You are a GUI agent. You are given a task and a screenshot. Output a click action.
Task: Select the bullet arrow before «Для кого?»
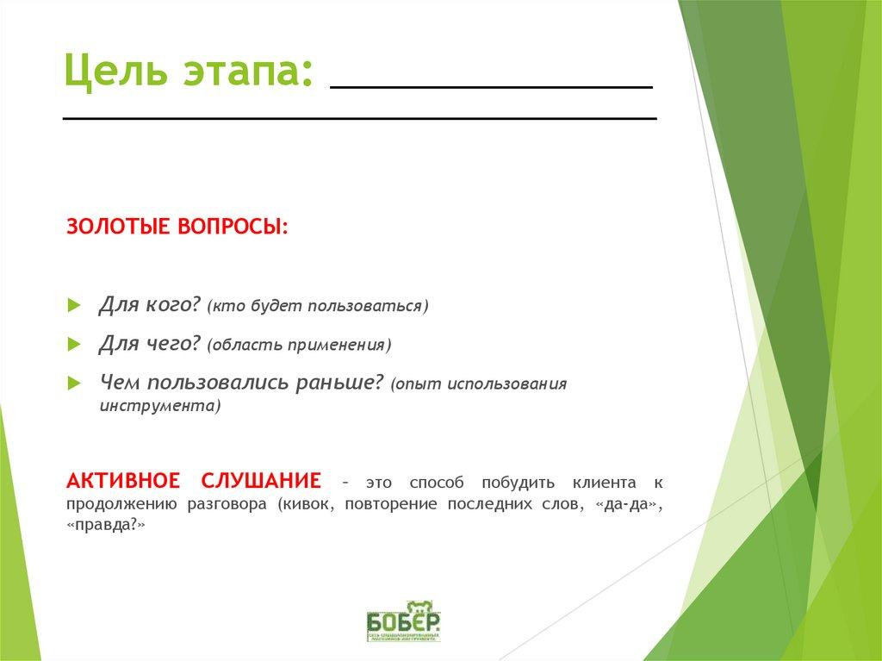click(74, 306)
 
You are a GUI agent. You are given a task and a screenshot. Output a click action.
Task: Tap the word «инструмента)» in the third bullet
click(159, 405)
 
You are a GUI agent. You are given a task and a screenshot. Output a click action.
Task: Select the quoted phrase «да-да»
click(627, 504)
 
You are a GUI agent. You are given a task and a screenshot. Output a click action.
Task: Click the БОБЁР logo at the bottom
click(403, 620)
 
